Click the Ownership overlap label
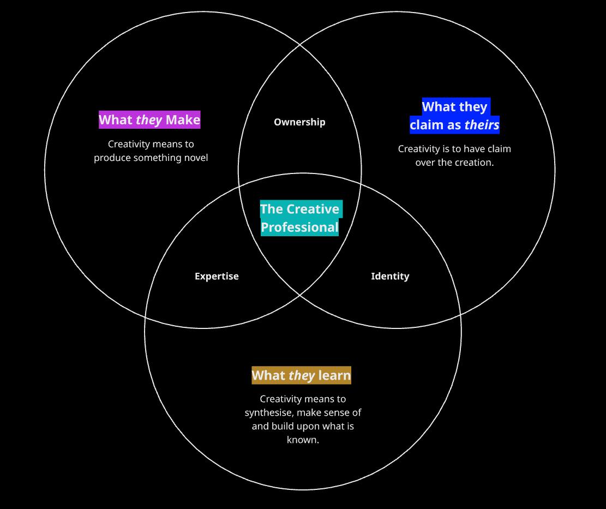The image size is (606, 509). pos(299,122)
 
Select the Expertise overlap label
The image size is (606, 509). pos(217,277)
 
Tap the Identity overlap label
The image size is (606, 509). pos(390,277)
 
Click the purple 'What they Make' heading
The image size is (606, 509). pos(149,120)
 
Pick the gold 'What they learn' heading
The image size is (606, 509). pos(301,375)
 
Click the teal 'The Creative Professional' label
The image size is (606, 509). pos(300,218)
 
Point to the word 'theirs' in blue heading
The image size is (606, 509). pos(482,125)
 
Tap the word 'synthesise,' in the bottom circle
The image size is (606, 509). pos(269,412)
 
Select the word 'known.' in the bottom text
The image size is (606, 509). pos(303,440)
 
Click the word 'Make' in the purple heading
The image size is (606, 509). pos(183,120)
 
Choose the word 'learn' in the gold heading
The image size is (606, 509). pos(334,375)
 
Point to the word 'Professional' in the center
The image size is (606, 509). pos(300,227)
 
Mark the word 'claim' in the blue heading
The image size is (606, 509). pos(427,125)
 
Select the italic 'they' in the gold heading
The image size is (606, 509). pos(302,375)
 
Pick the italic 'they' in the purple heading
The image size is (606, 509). pos(149,120)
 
